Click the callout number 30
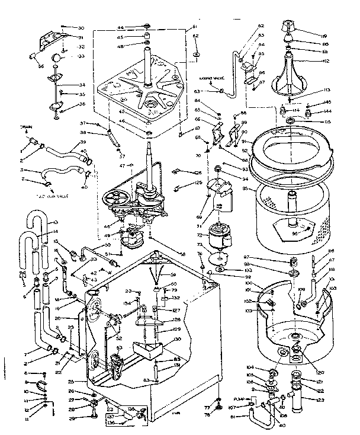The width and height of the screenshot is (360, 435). coord(81,28)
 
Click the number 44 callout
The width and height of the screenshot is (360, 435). coord(120,28)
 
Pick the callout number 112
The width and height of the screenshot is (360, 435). coord(326,61)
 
